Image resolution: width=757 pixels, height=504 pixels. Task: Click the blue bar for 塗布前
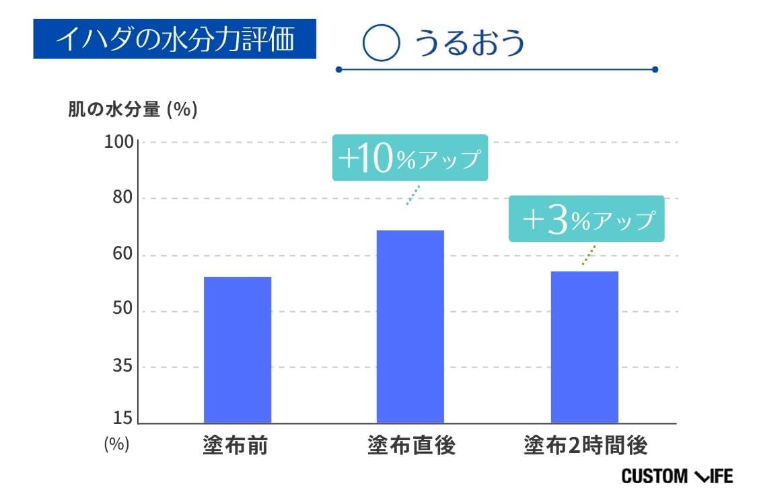(237, 349)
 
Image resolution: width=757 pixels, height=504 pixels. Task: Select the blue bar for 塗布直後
(410, 327)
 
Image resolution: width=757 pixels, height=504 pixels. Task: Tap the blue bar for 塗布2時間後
(584, 347)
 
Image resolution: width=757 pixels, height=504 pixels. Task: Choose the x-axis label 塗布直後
(411, 446)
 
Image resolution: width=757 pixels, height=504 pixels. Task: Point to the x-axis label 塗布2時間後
(585, 446)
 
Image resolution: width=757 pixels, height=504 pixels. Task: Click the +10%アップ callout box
(409, 158)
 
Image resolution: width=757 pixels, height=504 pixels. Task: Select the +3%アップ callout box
(585, 219)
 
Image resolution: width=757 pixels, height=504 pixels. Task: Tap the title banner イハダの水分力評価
(174, 39)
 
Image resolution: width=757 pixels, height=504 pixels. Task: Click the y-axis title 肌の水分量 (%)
(133, 110)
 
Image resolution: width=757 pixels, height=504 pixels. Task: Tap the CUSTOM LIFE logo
(676, 476)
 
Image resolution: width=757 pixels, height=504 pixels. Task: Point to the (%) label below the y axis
(116, 445)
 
